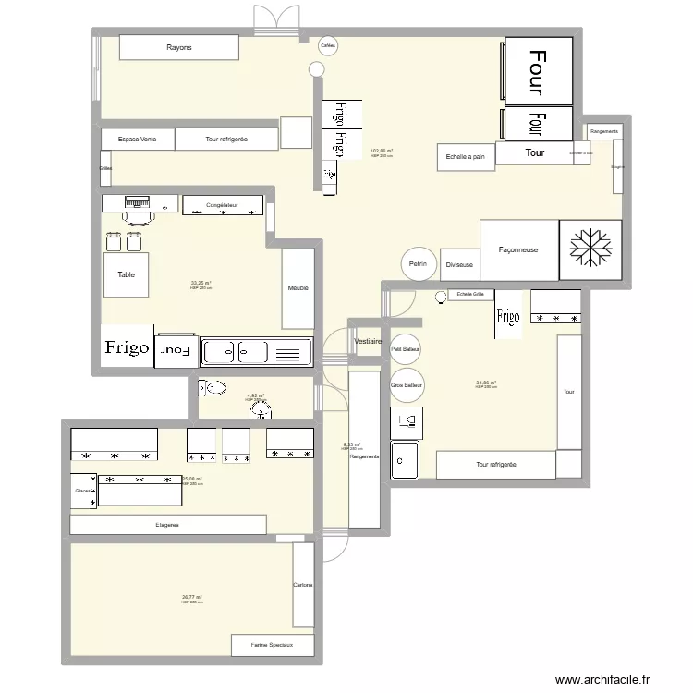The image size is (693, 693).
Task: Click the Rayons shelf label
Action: click(x=179, y=48)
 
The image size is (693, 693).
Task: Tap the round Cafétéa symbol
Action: click(x=327, y=45)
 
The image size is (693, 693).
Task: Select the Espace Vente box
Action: click(x=137, y=140)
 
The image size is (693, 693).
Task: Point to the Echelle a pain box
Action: click(x=466, y=157)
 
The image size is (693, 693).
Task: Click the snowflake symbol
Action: click(x=584, y=249)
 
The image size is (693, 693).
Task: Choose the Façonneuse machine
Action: click(x=518, y=249)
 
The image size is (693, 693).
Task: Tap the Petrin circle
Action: click(x=419, y=264)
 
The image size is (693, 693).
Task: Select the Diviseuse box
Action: click(x=459, y=264)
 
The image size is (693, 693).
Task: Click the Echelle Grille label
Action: click(x=470, y=295)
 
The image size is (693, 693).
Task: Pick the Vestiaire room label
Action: click(x=368, y=342)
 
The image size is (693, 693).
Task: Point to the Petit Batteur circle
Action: click(x=406, y=349)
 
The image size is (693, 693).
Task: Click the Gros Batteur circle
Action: click(x=407, y=384)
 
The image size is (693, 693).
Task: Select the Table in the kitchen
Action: click(x=126, y=274)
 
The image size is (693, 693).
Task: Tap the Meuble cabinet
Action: click(x=298, y=288)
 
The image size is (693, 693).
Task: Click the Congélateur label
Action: click(x=222, y=205)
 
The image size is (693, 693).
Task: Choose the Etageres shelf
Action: click(x=167, y=525)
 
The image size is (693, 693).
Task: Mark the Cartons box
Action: click(x=303, y=585)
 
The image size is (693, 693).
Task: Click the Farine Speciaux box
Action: click(x=273, y=645)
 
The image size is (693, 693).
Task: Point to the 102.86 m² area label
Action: click(x=381, y=152)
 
